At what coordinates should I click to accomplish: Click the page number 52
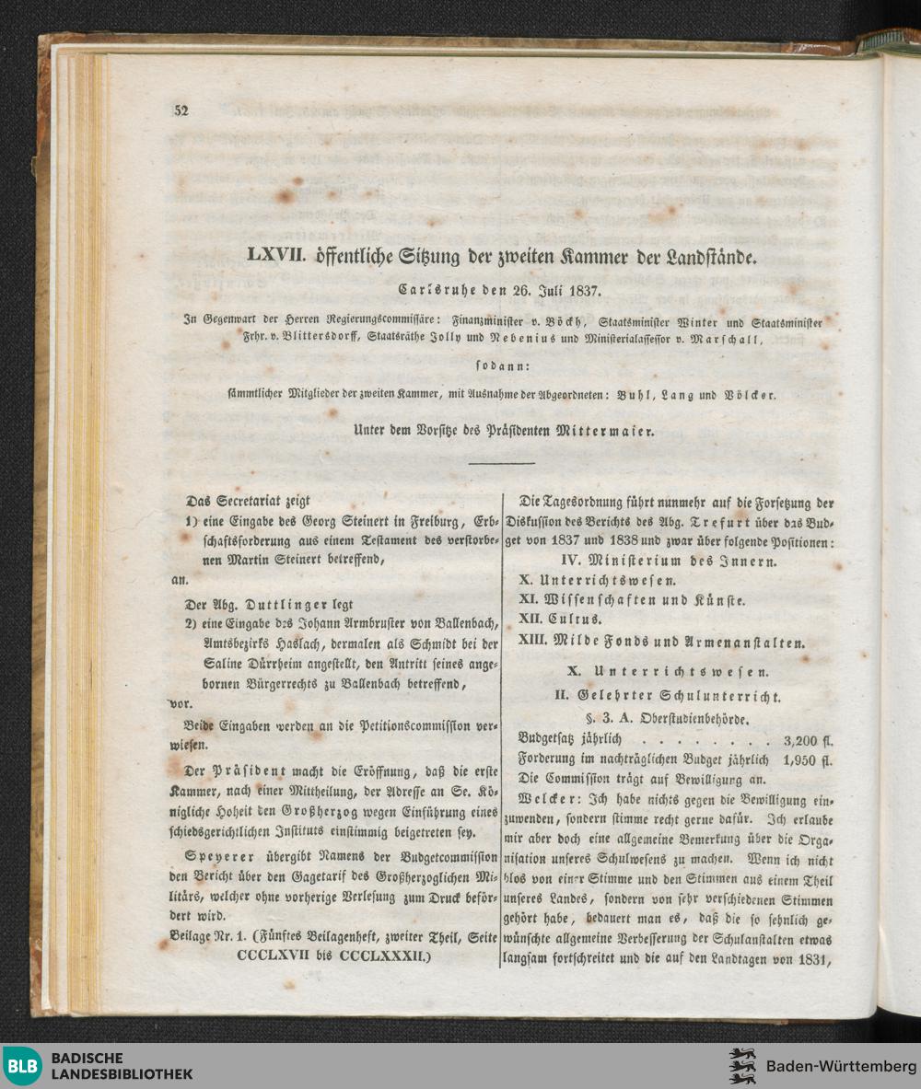[x=180, y=111]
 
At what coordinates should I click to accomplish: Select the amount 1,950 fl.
[x=807, y=759]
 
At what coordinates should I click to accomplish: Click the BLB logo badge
[x=22, y=1066]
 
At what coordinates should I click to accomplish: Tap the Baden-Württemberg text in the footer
[x=835, y=1066]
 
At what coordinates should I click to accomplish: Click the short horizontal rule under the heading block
[x=501, y=463]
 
